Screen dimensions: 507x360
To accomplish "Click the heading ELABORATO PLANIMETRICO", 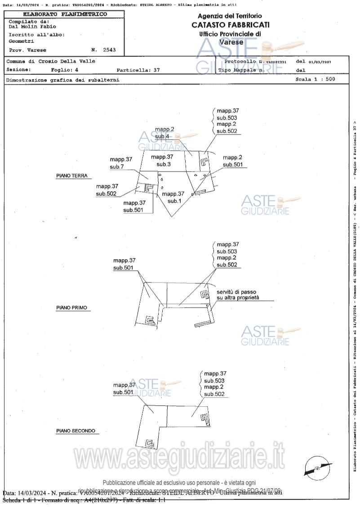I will click(65, 14).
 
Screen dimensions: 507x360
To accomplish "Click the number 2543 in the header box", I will click(109, 50).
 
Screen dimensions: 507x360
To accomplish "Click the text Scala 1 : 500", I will click(315, 79).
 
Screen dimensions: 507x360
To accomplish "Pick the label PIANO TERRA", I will click(71, 176).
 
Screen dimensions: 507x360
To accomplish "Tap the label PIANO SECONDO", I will click(76, 431).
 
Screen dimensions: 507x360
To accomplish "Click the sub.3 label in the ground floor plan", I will click(163, 165).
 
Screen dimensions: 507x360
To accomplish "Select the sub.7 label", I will click(117, 167).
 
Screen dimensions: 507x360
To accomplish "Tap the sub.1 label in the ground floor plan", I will click(173, 201).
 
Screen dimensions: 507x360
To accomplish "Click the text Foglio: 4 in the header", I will click(65, 70).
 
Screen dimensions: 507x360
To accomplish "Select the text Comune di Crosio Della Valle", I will click(51, 61).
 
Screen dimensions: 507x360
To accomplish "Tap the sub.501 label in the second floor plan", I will click(124, 392).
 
